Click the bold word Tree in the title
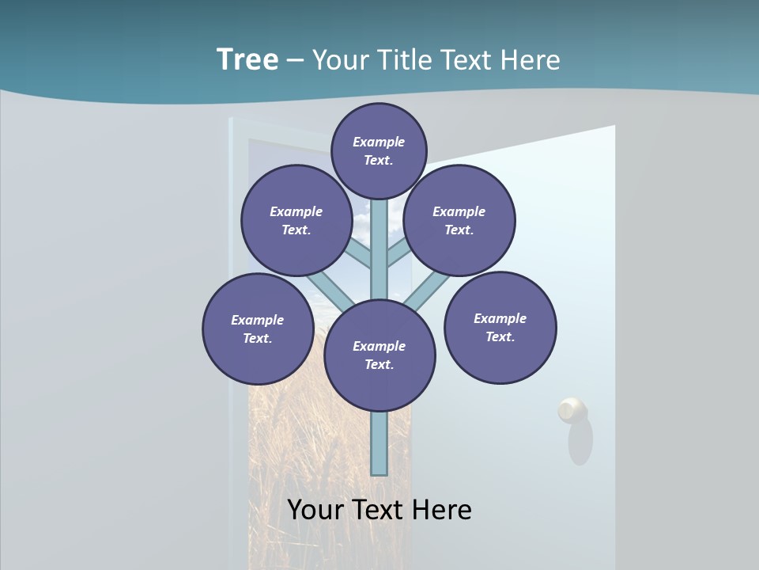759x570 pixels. [x=247, y=59]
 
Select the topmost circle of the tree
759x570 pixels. [x=379, y=150]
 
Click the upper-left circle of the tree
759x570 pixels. [x=296, y=220]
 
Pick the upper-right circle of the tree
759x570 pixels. [x=459, y=220]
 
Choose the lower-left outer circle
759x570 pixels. [x=258, y=329]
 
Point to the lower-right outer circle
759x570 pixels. [x=500, y=327]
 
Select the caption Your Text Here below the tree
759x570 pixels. [x=379, y=509]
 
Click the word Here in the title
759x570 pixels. [x=530, y=59]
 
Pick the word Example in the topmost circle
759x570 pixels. [x=379, y=142]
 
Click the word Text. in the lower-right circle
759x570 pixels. [x=500, y=336]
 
